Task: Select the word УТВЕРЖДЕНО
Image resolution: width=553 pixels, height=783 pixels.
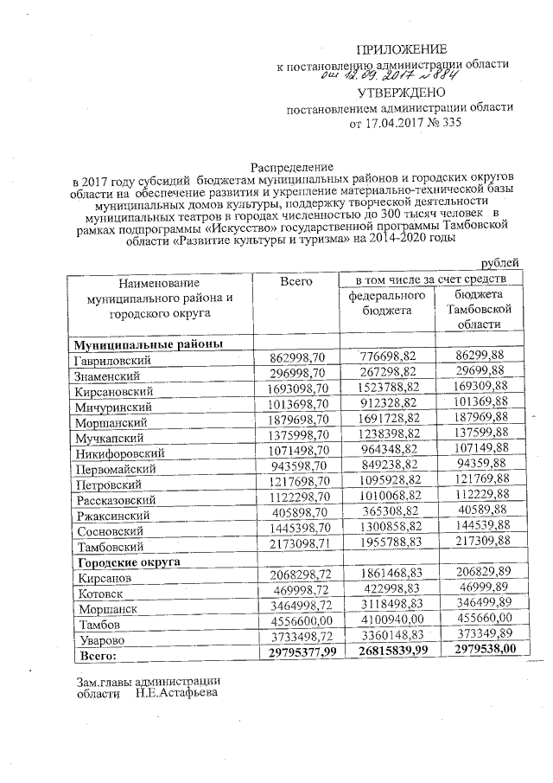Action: pos(402,92)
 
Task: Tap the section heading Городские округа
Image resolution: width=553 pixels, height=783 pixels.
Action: pos(128,562)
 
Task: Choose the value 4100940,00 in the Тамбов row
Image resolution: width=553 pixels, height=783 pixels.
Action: pos(388,624)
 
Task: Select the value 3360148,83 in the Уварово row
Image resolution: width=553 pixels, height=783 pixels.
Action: pos(388,639)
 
